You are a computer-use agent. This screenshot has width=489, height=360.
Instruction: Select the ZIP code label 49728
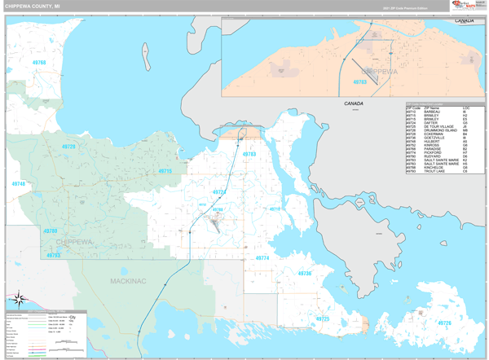[68, 147]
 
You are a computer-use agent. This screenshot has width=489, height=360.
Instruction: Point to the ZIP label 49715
[165, 171]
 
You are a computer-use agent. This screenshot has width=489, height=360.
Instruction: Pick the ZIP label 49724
[218, 191]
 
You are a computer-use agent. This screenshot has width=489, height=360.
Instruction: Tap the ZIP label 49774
[262, 257]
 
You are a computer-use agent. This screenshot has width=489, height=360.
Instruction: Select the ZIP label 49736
[304, 274]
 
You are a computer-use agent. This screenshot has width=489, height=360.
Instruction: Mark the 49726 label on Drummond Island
[444, 323]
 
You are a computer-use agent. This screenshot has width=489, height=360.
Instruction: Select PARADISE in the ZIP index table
[433, 149]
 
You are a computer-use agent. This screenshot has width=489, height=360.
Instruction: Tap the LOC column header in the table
[465, 108]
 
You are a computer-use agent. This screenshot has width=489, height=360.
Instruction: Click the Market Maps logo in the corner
[467, 6]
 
